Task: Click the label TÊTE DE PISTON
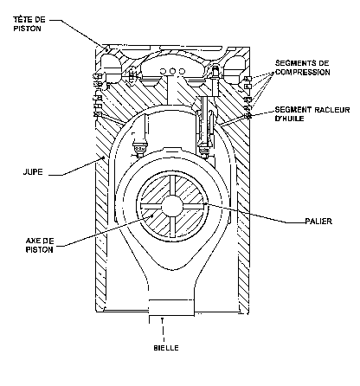[x=29, y=24]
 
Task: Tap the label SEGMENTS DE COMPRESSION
[x=302, y=68]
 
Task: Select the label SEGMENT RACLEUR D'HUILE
[x=312, y=114]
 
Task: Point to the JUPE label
[x=33, y=172]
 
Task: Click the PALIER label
[x=318, y=222]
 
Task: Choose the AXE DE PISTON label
[x=40, y=245]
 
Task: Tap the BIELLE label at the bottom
[x=166, y=348]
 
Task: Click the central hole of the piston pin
[x=172, y=205]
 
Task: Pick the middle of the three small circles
[x=172, y=71]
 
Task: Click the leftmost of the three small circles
[x=164, y=71]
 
